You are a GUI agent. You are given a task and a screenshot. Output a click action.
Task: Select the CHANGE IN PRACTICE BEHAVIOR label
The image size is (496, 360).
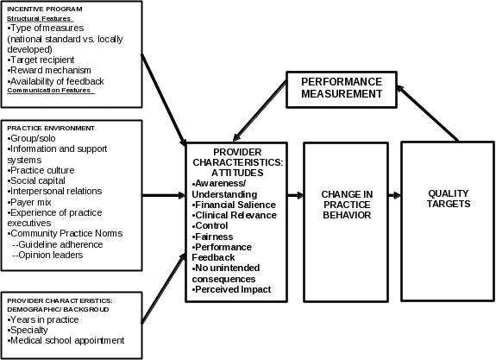(x=347, y=205)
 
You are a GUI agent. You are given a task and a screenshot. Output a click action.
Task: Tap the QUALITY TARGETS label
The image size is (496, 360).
(x=449, y=199)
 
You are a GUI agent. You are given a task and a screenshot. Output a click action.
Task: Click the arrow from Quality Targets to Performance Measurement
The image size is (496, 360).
(x=427, y=113)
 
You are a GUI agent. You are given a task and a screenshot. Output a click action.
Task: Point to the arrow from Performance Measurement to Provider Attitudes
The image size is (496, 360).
(x=260, y=111)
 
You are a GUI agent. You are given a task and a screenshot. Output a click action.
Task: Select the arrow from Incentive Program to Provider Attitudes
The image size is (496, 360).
(x=164, y=100)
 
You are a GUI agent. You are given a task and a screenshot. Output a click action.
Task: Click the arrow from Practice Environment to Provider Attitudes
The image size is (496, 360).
(x=164, y=195)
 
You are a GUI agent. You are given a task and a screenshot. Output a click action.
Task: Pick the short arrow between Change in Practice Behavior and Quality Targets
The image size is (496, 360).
(x=395, y=195)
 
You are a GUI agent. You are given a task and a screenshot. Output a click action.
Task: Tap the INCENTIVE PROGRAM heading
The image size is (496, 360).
(x=45, y=9)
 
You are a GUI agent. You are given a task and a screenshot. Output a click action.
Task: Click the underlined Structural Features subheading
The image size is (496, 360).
(x=39, y=19)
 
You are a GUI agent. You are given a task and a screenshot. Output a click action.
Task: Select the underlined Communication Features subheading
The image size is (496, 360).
(x=49, y=91)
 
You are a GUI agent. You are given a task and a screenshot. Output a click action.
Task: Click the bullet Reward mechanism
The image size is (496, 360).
(x=49, y=70)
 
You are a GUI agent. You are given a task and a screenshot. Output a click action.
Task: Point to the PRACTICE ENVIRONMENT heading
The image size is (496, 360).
(x=51, y=129)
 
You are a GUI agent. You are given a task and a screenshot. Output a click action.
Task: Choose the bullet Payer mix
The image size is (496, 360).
(x=29, y=202)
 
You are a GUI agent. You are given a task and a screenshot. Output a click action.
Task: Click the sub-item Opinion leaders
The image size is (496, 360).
(x=47, y=255)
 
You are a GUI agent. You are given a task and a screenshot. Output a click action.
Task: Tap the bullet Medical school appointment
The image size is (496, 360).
(x=66, y=340)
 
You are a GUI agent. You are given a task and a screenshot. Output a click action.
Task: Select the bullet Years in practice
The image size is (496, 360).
(x=43, y=319)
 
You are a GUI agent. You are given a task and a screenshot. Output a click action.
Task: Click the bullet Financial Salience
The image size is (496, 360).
(x=234, y=205)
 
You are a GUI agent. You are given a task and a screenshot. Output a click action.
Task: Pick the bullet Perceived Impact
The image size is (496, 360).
(x=231, y=289)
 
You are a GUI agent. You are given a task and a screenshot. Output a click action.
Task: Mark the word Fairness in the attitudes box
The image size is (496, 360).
(x=214, y=237)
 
